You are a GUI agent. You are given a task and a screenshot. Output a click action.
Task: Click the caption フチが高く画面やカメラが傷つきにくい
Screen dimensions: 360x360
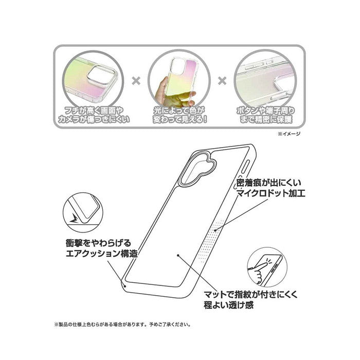[94, 115]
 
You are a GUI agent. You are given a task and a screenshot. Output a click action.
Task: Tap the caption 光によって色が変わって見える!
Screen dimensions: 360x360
[180, 115]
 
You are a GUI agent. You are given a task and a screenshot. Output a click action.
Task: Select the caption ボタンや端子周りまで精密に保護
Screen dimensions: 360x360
[266, 115]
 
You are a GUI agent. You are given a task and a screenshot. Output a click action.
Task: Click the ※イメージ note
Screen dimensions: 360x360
[289, 134]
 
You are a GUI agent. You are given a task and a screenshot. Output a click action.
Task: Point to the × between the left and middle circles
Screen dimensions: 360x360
[136, 81]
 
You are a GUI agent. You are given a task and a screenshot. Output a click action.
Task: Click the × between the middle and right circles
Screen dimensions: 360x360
[222, 81]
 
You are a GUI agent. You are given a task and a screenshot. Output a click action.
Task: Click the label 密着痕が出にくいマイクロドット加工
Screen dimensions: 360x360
[271, 188]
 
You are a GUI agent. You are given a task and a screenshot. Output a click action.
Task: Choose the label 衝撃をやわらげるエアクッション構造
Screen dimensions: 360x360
[102, 248]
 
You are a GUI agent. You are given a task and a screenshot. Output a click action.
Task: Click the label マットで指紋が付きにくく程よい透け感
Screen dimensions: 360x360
[250, 300]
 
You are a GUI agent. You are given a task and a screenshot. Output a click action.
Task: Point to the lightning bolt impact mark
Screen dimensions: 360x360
[75, 219]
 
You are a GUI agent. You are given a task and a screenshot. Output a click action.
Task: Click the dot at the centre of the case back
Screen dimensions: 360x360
[178, 255]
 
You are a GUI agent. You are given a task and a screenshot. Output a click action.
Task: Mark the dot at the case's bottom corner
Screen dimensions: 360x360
[125, 286]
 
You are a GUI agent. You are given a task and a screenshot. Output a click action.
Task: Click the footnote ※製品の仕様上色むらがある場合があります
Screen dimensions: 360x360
[122, 325]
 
